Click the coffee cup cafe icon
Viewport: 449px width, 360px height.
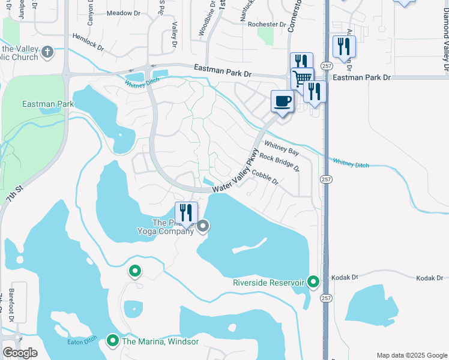tap(282, 101)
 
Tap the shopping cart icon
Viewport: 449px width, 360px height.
tap(301, 77)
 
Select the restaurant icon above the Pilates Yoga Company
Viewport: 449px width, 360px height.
tap(186, 212)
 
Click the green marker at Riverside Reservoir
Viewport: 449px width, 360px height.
tap(313, 281)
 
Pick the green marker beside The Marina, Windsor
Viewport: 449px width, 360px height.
tap(112, 341)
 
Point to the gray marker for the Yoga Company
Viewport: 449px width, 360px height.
tap(203, 226)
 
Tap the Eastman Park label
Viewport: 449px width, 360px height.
tap(48, 104)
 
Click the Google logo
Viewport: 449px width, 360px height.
tap(20, 353)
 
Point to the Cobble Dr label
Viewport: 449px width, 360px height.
tap(265, 176)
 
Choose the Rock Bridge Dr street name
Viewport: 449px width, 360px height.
tap(279, 161)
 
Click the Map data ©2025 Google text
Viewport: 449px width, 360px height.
tap(411, 355)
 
